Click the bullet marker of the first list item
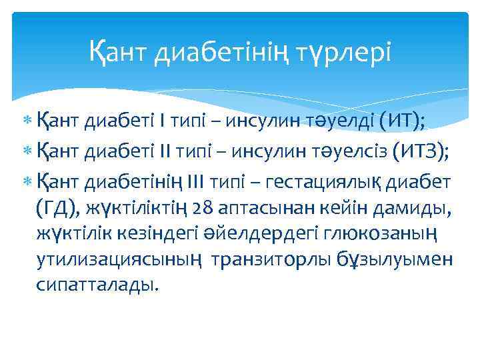27,123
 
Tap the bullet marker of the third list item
27,181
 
